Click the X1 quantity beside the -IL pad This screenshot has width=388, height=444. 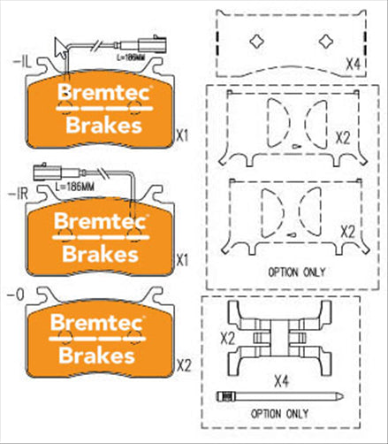click(x=183, y=136)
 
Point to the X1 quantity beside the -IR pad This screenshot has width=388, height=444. click(x=183, y=261)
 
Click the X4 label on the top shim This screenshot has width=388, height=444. click(x=354, y=65)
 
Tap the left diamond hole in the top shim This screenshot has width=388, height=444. click(x=256, y=40)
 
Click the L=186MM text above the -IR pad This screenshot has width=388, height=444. click(x=74, y=188)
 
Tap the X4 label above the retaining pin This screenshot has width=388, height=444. click(x=280, y=380)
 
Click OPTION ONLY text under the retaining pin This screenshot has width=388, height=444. click(x=279, y=413)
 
